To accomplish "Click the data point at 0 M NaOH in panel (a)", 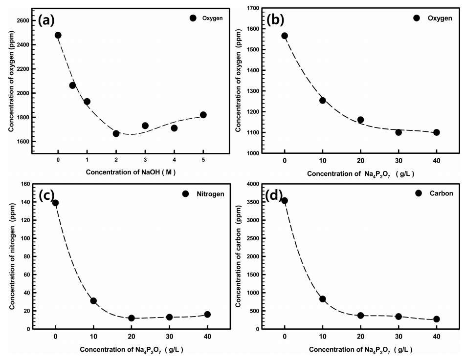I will point(58,35).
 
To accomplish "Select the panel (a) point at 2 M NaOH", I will point(116,133).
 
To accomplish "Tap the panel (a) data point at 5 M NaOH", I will point(203,115).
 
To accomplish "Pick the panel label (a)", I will point(48,20).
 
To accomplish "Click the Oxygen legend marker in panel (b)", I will point(417,18).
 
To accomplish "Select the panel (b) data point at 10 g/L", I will point(323,100).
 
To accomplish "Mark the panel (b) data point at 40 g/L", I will point(436,132).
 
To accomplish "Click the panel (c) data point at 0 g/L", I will point(56,203).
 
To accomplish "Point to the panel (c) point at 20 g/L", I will point(131,318).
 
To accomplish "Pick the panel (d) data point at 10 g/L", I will point(323,299).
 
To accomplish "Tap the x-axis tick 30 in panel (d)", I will point(398,337).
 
